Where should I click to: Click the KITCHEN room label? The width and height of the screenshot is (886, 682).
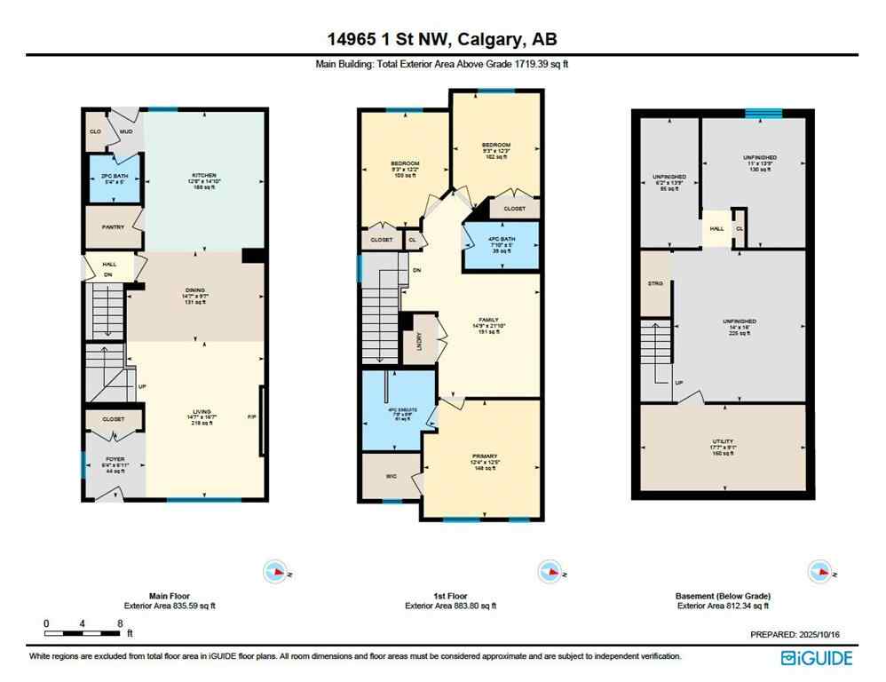(x=205, y=176)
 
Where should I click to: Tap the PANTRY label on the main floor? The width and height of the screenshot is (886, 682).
(x=113, y=227)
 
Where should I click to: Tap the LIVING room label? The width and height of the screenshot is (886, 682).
(x=205, y=413)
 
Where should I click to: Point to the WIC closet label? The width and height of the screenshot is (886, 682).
(x=391, y=475)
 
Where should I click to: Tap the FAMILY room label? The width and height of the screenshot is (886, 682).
(x=487, y=320)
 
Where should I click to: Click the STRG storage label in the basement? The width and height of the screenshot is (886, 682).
(x=656, y=283)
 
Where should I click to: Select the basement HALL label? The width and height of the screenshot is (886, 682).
(x=716, y=228)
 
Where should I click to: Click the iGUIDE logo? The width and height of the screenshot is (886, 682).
(x=816, y=657)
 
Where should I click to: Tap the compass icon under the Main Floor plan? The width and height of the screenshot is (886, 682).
(x=276, y=573)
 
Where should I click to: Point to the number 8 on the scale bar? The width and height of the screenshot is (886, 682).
(x=119, y=623)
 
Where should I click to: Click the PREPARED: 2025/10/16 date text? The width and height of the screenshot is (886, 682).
(x=795, y=635)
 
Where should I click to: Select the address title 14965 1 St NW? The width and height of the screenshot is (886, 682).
(x=441, y=39)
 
